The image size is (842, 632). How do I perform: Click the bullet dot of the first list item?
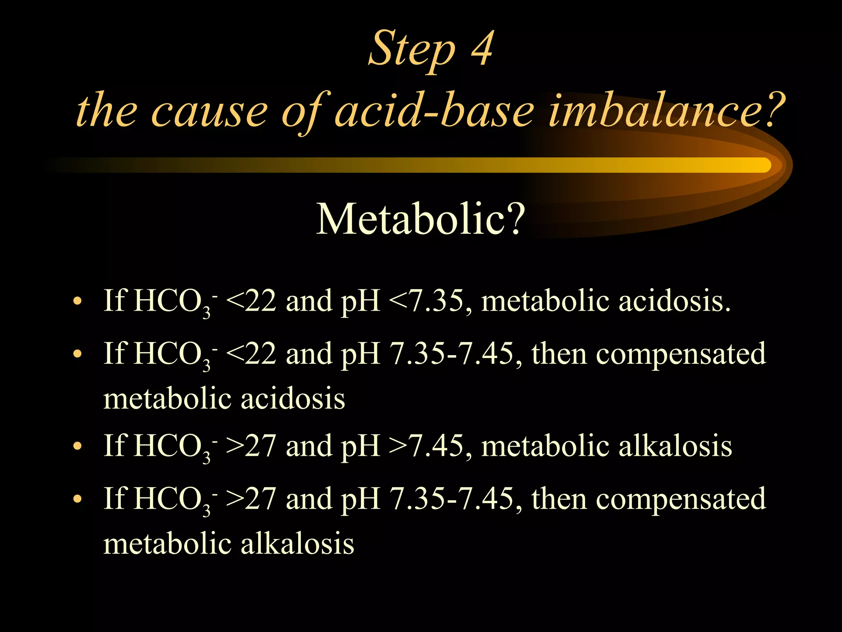click(x=76, y=302)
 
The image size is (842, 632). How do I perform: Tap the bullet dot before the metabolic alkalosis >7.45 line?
click(x=76, y=447)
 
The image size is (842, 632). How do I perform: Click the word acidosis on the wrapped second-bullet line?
click(x=293, y=399)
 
